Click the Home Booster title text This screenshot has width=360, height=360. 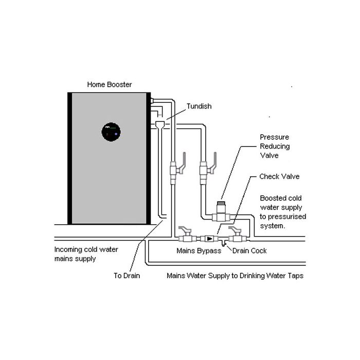(109, 84)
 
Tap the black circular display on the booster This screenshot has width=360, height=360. (111, 132)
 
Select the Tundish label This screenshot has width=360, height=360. (199, 106)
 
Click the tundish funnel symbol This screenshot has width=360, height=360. (160, 125)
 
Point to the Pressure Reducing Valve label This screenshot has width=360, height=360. (275, 146)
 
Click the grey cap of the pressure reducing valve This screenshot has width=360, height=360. (221, 204)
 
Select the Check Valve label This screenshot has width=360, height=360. (279, 176)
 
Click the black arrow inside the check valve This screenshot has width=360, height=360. (209, 239)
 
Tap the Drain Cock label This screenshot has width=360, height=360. (249, 250)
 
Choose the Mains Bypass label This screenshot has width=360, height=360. (199, 250)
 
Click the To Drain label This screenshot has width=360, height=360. (127, 276)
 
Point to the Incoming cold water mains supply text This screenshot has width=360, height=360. (86, 254)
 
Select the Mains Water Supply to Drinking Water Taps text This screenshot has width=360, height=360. (235, 276)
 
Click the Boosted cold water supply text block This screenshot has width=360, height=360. (283, 212)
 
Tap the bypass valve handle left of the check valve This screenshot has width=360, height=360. (185, 229)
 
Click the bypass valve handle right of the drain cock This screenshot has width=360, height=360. (235, 229)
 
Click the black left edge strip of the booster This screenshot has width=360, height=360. (70, 158)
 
